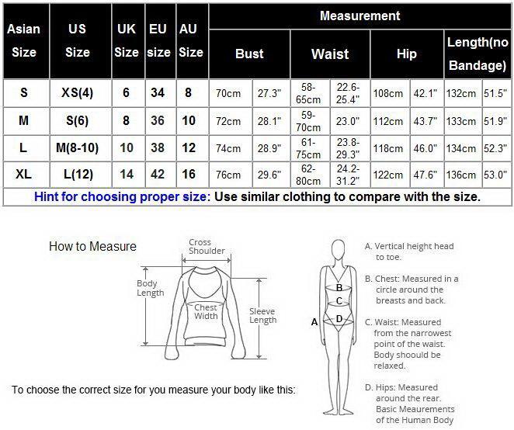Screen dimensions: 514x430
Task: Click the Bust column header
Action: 249,54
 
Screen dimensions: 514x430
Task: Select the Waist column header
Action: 330,54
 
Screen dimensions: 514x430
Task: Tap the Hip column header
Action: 407,54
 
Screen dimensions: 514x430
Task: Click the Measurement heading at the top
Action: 360,16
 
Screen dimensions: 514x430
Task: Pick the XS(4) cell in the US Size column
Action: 78,92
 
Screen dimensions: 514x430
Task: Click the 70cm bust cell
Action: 228,94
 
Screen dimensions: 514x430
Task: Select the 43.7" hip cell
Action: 425,121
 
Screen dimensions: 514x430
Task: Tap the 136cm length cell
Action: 461,175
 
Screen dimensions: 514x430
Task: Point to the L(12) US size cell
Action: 78,175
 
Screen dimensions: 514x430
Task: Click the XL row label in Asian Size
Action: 23,174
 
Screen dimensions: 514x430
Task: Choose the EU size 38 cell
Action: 158,147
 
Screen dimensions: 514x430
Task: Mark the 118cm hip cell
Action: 388,148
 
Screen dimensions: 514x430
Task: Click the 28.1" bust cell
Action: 269,121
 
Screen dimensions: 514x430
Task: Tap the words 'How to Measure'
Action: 92,246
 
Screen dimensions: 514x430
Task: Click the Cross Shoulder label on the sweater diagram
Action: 207,247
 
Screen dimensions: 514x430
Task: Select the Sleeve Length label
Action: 263,316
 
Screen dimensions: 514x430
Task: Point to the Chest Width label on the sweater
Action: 206,312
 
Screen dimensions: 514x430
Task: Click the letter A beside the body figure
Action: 314,322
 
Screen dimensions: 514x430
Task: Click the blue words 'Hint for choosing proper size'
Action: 120,197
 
